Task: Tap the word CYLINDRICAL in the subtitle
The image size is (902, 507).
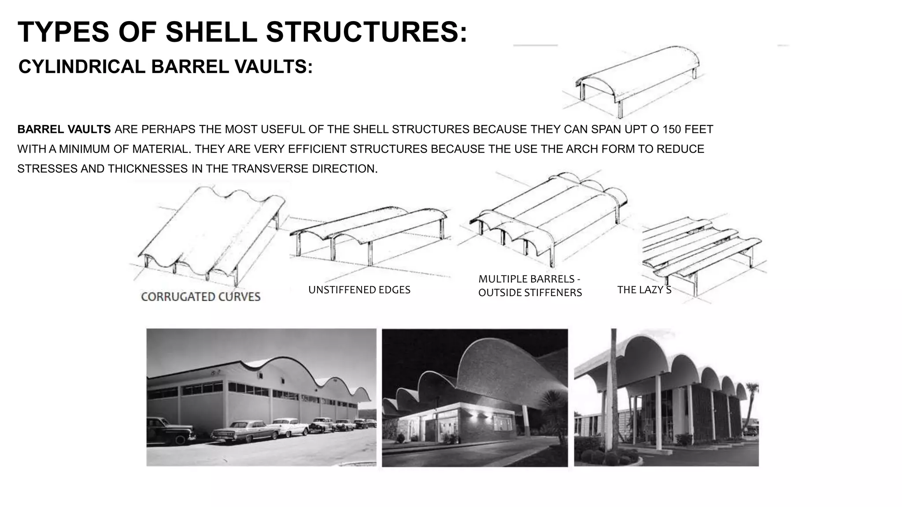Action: (82, 67)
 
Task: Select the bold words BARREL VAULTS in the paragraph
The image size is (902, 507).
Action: (64, 129)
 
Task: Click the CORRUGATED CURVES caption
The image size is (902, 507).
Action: (200, 297)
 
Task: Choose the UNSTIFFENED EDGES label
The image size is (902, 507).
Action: (359, 290)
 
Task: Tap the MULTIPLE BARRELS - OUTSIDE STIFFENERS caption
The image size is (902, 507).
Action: (530, 286)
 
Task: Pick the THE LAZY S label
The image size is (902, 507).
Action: (644, 290)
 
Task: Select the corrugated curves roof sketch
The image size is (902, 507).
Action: (211, 233)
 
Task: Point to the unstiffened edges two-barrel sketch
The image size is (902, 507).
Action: (368, 233)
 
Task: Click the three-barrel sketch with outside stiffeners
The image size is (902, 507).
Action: (548, 216)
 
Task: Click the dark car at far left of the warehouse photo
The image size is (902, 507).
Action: (170, 430)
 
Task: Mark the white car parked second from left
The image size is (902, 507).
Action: (244, 430)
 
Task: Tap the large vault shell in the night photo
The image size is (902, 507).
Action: (506, 370)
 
